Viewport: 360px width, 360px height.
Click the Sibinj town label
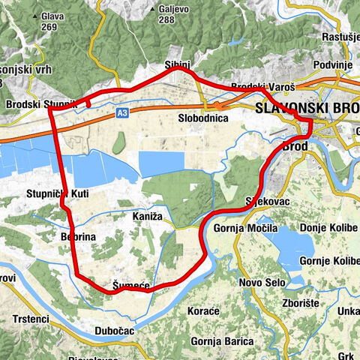177,65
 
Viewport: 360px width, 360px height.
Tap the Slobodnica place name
202,118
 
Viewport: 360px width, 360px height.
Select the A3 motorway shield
121,112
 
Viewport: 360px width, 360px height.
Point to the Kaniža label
147,216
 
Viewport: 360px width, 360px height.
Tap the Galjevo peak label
172,10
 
